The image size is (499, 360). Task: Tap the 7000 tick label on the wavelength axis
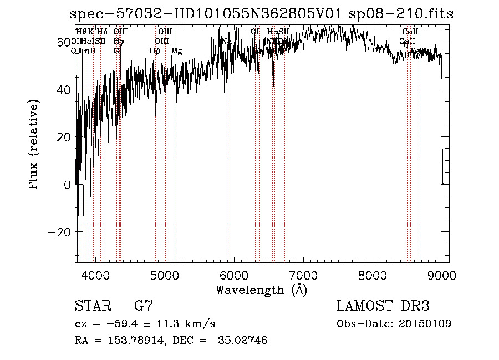(303, 275)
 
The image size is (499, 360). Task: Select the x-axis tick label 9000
(441, 275)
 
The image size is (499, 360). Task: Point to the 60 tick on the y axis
(64, 42)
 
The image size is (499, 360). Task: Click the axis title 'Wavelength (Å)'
(261, 290)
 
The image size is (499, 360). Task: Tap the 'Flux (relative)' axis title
(34, 145)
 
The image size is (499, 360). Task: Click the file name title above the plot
(262, 14)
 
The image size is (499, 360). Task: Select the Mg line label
(176, 51)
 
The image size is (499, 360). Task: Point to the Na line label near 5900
(226, 42)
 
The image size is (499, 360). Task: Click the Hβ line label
(155, 51)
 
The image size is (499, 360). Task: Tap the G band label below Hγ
(116, 51)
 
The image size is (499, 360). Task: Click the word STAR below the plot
(91, 306)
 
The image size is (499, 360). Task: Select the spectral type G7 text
(143, 306)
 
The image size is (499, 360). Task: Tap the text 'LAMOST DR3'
(383, 306)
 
